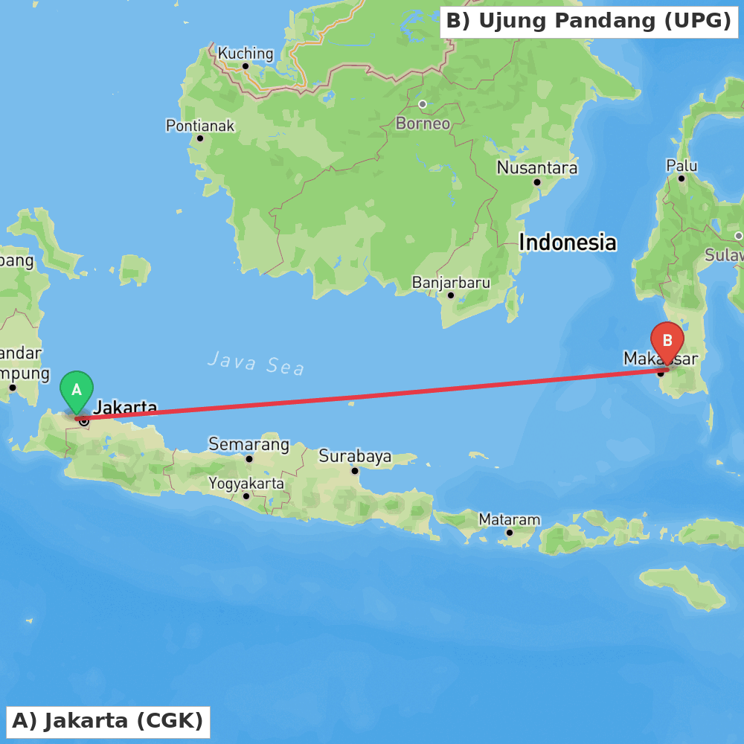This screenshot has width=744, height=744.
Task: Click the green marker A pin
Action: point(77,390)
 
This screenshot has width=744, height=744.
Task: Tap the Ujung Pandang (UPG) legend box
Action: point(589,21)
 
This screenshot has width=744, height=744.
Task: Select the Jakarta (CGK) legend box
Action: point(108,721)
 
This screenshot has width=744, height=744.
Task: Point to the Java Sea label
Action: point(256,363)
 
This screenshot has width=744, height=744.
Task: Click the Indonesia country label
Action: point(567,243)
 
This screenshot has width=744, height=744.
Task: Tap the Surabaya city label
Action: point(355,455)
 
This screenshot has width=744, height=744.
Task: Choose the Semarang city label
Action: point(248,445)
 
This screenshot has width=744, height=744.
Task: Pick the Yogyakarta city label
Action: point(246,484)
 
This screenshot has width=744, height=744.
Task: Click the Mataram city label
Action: point(509,519)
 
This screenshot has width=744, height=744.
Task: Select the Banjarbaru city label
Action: point(451,283)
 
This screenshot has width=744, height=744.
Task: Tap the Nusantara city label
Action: point(536,168)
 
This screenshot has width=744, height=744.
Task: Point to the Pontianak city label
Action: point(199,126)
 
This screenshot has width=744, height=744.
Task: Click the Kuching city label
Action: point(246,54)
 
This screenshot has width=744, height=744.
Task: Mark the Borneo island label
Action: point(423,124)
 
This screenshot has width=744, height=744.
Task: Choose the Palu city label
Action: point(682,165)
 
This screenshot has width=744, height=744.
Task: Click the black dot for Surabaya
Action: point(355,470)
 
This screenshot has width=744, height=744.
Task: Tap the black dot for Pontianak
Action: point(199,138)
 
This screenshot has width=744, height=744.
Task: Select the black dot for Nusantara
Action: point(536,182)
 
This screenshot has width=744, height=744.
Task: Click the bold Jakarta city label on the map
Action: point(125,407)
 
